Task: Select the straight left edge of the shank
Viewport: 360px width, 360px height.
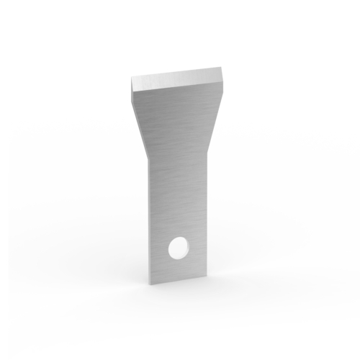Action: [x=148, y=216]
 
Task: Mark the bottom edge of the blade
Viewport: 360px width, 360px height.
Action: [x=176, y=277]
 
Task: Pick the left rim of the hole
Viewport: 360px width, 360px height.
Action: [x=168, y=248]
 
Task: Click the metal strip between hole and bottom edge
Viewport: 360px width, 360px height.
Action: [x=176, y=267]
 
